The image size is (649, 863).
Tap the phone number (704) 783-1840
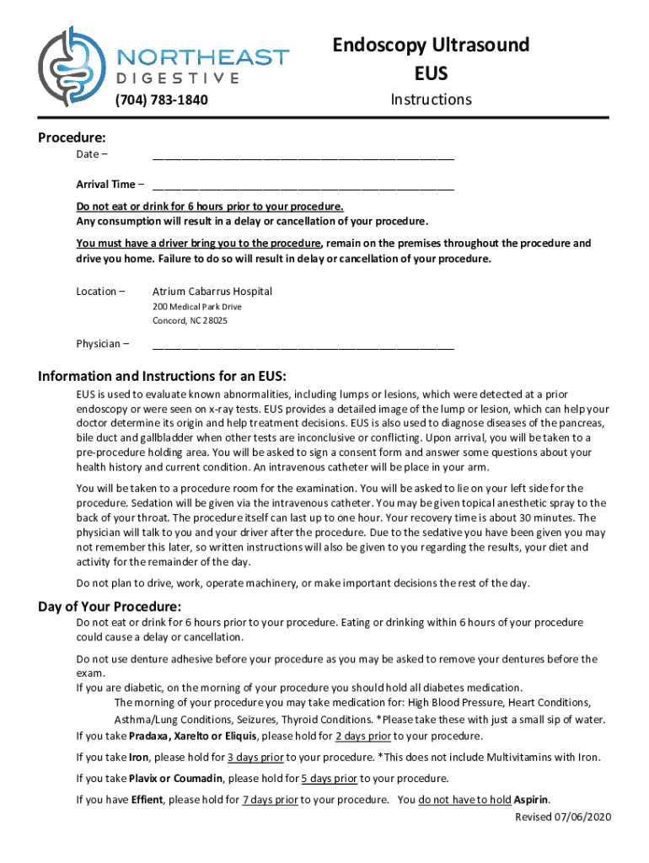pos(161,101)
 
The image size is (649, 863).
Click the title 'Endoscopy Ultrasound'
pos(431,45)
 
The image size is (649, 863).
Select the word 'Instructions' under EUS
pos(431,99)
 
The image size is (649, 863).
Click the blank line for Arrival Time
pos(303,185)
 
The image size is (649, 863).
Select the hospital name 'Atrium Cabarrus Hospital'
pos(212,292)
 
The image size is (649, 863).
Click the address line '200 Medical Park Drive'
pos(196,307)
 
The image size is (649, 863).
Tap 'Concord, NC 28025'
pos(190,321)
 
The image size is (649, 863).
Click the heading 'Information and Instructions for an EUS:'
pos(167,376)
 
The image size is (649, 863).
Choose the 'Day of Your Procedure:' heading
pos(110,607)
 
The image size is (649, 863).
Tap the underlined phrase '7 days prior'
pos(270,800)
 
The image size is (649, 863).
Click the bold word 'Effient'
pos(147,800)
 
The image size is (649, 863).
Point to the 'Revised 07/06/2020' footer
pos(563,817)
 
